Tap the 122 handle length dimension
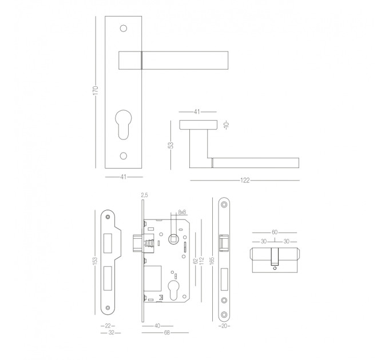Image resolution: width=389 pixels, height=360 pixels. [x=245, y=181]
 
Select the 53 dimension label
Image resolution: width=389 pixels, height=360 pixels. [x=170, y=145]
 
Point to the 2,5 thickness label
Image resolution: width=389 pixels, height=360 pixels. [x=144, y=195]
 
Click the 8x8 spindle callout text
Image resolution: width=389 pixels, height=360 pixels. [x=182, y=212]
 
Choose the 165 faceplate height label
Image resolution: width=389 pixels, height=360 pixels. [x=212, y=261]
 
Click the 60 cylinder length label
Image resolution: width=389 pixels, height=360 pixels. [x=275, y=233]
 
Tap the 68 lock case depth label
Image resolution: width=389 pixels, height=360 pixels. [x=166, y=333]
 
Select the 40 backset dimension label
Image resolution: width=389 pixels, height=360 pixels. [x=157, y=326]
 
